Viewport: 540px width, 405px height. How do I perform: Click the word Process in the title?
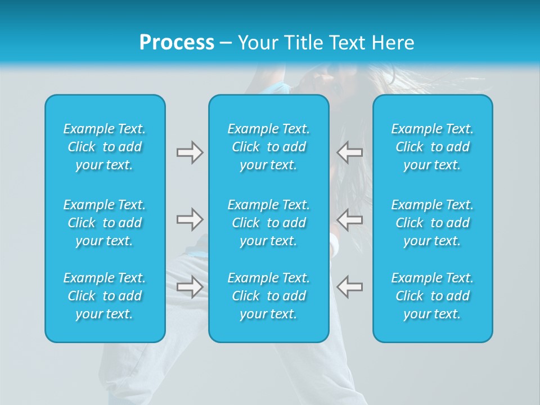[177, 43]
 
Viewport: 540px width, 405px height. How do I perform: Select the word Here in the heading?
[393, 43]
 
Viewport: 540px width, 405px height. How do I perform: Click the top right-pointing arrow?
[190, 152]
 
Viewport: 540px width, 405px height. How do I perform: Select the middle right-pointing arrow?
[190, 219]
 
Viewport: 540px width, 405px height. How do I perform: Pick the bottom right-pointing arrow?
[190, 286]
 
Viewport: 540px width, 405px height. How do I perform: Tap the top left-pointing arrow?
[350, 152]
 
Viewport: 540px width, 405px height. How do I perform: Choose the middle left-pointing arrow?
[350, 219]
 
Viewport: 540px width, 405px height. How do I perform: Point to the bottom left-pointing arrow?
[350, 286]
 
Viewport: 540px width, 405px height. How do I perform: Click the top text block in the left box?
[105, 147]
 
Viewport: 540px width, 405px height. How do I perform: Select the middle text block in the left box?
[105, 223]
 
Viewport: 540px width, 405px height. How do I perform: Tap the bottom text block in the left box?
[105, 296]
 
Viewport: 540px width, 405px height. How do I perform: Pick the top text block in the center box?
[268, 147]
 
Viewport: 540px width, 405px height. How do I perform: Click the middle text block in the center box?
[268, 223]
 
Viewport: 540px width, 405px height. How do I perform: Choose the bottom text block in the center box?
[268, 296]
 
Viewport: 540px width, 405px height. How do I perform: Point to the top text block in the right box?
[432, 147]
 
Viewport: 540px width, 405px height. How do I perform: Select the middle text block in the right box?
[432, 223]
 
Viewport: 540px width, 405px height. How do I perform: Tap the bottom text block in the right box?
[432, 296]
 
